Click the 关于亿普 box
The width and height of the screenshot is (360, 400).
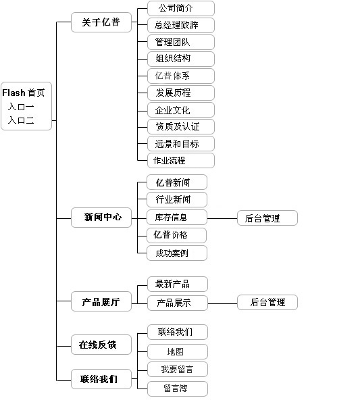[101, 22]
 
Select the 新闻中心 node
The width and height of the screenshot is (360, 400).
[101, 218]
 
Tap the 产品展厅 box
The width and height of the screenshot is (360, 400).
[101, 301]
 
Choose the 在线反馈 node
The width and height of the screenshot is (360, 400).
[101, 345]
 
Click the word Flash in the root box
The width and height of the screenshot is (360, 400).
[14, 93]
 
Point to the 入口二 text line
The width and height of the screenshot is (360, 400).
[21, 120]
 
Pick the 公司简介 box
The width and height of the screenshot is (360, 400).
[181, 8]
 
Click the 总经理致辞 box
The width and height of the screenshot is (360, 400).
[181, 25]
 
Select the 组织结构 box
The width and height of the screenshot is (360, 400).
[181, 59]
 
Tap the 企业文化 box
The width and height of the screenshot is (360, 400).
[181, 110]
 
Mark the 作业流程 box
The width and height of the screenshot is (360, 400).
[181, 160]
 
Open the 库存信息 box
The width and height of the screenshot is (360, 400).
[177, 218]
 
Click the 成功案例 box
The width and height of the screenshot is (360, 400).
[177, 253]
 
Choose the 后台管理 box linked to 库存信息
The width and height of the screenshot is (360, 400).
[267, 218]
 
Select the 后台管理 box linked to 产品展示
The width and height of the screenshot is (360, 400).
[267, 302]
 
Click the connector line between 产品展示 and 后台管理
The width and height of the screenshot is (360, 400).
[223, 303]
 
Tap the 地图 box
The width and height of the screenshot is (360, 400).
[178, 351]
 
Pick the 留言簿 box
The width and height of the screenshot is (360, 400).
[178, 389]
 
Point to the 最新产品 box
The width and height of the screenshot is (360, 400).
[178, 284]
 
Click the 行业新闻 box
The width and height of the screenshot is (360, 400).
[177, 199]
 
